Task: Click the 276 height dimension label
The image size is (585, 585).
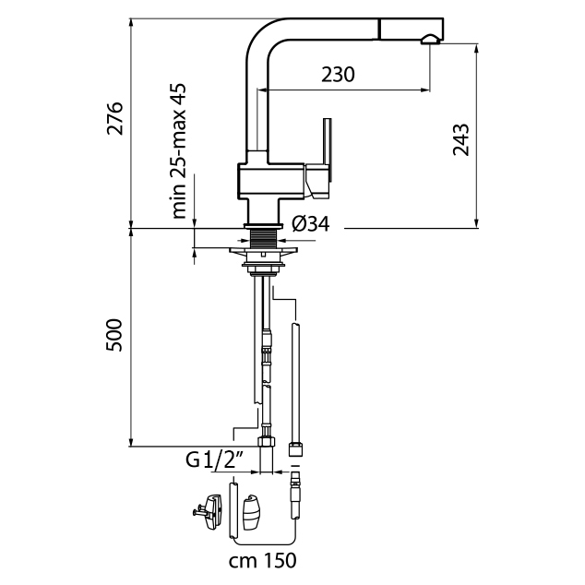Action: click(x=114, y=119)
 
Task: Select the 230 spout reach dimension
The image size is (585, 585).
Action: click(x=338, y=74)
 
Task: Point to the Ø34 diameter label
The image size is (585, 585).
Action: click(x=311, y=224)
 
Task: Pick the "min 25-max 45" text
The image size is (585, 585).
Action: click(x=180, y=150)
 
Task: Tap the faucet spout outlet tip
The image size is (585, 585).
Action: click(x=430, y=39)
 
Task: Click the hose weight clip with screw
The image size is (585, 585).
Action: click(x=211, y=511)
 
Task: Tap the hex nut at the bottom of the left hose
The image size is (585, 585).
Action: click(x=268, y=441)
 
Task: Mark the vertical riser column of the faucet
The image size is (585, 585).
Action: click(x=254, y=101)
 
